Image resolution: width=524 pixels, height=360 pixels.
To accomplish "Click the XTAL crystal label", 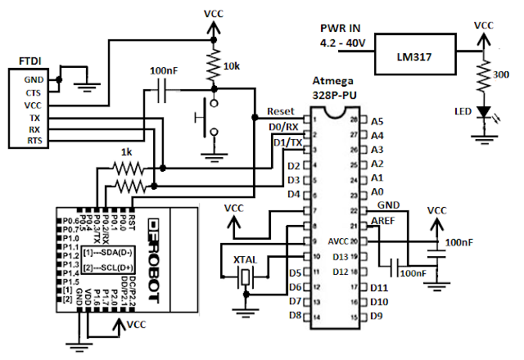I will (246, 259).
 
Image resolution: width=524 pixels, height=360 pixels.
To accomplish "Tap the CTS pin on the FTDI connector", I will (34, 93).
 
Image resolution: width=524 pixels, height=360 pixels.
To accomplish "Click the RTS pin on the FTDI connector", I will (34, 141).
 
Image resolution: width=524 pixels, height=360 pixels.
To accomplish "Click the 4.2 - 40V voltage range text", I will (341, 43).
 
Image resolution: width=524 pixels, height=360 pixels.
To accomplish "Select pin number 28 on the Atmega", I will (355, 119).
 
